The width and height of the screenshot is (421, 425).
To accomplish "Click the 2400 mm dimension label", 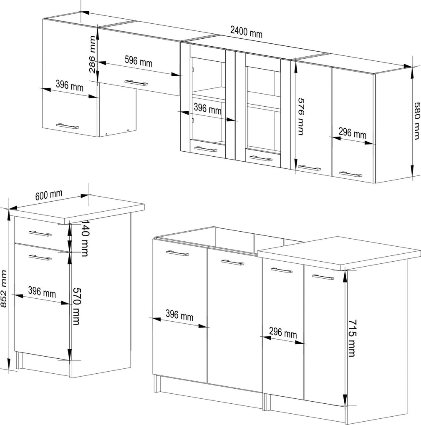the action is pos(247,32).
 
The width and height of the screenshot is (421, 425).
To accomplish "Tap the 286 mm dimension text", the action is pos(93,55).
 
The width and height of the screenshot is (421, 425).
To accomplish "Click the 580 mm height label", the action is pos(417,120).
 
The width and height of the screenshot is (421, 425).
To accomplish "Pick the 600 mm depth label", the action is pos(49,195).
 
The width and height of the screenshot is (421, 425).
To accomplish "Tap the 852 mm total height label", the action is pos(3,289).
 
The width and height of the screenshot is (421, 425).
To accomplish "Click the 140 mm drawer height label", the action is pos(85,237).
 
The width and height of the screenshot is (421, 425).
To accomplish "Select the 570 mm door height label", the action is pos(77,306).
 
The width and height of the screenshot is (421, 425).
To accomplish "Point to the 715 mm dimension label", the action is pos(352,338).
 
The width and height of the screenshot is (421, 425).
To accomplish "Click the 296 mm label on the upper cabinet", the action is pos(352,132).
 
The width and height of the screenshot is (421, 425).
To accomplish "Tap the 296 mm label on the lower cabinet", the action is pos(283,332).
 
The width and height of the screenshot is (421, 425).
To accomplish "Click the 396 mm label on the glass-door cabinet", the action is pos(208,109).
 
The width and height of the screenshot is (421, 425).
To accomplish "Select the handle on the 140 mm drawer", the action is pos(40,234).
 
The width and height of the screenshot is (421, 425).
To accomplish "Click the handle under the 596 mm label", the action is pos(136,82).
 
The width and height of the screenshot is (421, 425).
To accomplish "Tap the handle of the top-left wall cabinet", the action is pos(68,126).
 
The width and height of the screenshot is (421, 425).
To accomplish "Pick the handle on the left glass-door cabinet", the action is pos(206,149).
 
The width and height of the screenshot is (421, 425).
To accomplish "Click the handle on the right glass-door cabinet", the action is pos(261,158).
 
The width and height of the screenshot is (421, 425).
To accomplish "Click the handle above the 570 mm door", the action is pos(40,257).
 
